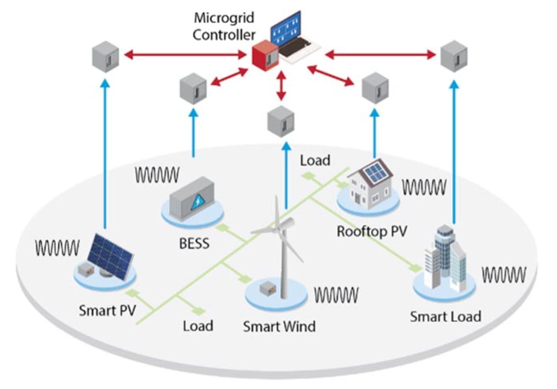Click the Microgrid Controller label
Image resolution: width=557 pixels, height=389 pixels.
coord(224,26)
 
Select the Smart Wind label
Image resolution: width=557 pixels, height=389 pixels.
coord(279,326)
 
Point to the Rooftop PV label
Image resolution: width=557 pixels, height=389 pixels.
coord(372,231)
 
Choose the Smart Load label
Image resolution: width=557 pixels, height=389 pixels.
coord(445,317)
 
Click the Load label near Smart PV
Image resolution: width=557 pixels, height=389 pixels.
coord(198,326)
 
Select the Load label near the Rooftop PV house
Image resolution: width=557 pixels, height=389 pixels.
coord(315,160)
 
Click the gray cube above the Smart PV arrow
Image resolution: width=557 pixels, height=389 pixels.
coord(106,56)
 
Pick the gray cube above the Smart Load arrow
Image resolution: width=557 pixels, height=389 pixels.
coord(454,56)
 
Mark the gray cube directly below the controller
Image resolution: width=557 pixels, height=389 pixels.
coord(281,121)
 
